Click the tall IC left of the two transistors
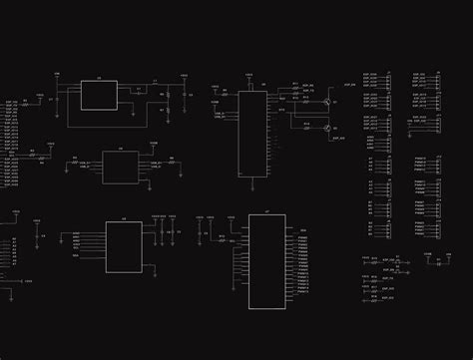pyautogui.click(x=252, y=135)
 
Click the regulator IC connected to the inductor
pyautogui.click(x=99, y=95)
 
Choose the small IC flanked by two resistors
pyautogui.click(x=121, y=166)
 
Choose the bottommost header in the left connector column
pyautogui.click(x=385, y=231)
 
